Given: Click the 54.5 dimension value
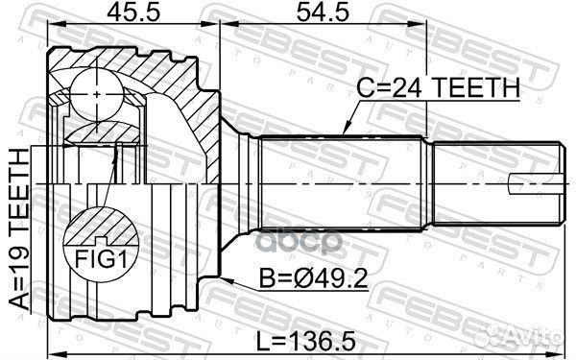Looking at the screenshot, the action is click(x=323, y=12).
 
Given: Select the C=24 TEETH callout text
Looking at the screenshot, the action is click(x=439, y=88).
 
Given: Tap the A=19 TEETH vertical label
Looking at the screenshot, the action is click(x=19, y=228).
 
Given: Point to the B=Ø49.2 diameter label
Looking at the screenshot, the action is click(x=313, y=278).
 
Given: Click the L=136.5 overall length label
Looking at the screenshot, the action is click(x=305, y=341).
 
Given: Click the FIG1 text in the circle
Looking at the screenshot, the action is click(x=101, y=259).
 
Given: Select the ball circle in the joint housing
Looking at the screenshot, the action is click(x=97, y=95).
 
